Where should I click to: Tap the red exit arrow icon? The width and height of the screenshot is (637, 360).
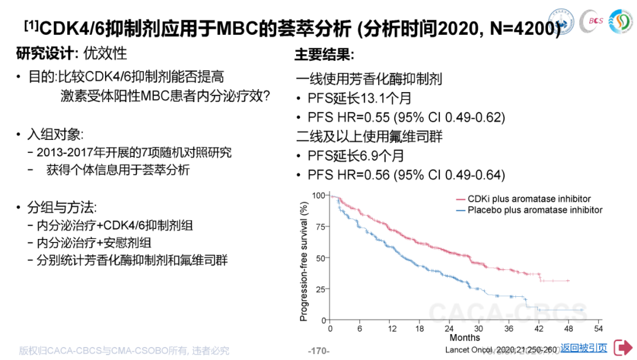pos(623,347)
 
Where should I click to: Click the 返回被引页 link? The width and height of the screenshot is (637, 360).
pos(583,348)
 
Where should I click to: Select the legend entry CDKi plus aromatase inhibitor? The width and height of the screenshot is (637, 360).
pos(529,199)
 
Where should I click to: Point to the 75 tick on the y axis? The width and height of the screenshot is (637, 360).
pos(319,227)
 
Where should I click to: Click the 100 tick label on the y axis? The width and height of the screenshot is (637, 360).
pos(318,195)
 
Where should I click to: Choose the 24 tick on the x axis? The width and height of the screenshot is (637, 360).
pos(449,329)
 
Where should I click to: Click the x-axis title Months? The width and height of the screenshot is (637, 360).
pos(465,338)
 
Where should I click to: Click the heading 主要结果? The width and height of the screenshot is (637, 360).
pos(324,55)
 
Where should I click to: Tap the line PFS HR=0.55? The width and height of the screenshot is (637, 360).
pos(406,117)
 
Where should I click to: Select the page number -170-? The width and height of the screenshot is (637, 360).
pos(318,351)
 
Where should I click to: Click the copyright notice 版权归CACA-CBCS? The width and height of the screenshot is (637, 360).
pos(124,351)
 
